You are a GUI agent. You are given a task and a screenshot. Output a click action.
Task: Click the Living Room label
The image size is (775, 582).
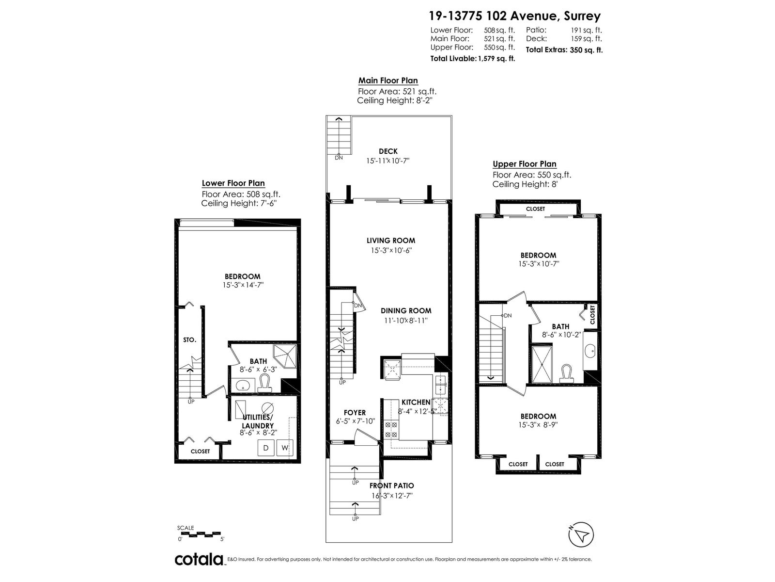coord(391,241)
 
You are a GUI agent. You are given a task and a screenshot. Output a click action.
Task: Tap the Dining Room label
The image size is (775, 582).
coord(406,311)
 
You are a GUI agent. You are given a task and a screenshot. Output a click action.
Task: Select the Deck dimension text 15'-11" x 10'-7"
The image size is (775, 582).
coord(387,161)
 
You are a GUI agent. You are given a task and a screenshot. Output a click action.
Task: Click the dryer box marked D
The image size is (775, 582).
coord(266,448)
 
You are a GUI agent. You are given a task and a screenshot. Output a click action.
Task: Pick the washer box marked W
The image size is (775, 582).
coord(285,448)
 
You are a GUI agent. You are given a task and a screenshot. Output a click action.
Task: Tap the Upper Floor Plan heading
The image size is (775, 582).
coord(524,164)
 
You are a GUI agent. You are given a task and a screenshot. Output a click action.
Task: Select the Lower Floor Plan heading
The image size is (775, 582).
coord(233,183)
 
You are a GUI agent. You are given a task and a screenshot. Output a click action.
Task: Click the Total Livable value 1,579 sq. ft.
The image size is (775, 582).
coord(496,59)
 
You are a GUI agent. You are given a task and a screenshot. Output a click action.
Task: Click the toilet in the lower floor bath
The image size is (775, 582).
coord(264,384)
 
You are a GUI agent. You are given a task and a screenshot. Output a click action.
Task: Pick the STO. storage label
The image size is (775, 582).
coord(189,340)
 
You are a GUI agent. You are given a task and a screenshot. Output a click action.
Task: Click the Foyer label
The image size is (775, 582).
coord(355,413)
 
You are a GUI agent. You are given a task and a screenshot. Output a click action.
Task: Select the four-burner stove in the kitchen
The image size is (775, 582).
coord(391,429)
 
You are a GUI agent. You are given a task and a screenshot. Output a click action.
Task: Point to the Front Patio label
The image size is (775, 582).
coord(391,486)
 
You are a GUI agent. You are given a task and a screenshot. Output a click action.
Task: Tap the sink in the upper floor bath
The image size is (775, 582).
coord(590,352)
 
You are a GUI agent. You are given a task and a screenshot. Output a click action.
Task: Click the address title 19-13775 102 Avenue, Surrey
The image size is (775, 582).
coord(514,16)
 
